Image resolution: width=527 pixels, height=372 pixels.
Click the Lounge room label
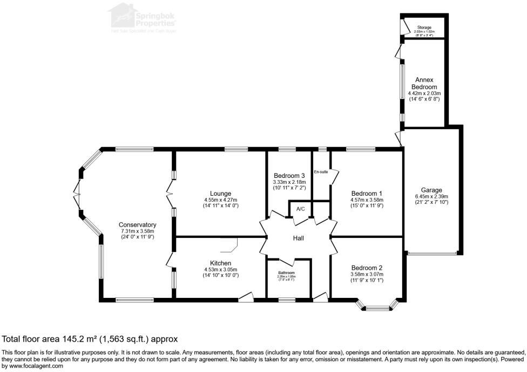(x=221, y=193)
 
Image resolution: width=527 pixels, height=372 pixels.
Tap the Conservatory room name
(x=138, y=224)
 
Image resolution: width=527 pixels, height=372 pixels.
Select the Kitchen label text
(x=221, y=263)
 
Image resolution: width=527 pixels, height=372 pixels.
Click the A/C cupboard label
(x=300, y=209)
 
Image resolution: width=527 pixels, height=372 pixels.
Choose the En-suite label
(x=321, y=172)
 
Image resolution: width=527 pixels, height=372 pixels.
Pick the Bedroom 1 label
(x=367, y=193)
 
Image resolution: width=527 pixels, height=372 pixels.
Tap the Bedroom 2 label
(x=367, y=268)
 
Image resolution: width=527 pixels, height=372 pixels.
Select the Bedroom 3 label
(x=289, y=176)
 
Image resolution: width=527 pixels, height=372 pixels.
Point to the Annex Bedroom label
(x=424, y=83)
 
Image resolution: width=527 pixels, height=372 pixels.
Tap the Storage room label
(x=424, y=27)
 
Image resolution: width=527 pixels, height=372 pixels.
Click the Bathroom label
(x=287, y=273)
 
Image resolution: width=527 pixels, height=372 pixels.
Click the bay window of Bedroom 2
(x=378, y=308)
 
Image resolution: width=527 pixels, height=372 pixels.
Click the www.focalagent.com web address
(x=32, y=366)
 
